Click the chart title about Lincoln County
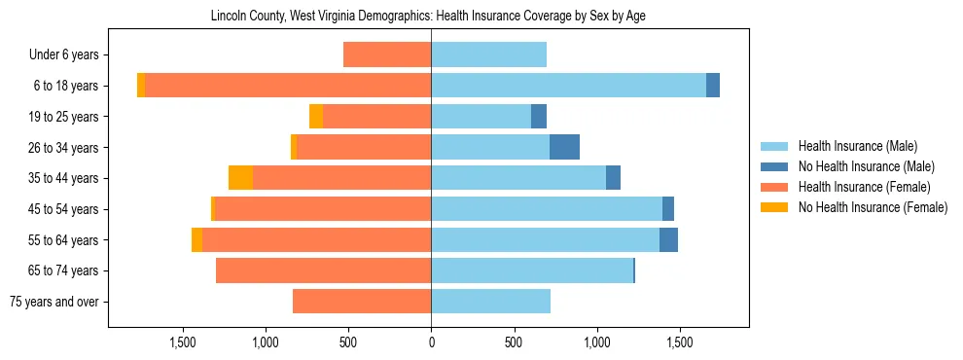(x=428, y=17)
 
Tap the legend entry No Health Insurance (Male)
(x=866, y=166)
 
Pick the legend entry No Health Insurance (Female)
(x=873, y=207)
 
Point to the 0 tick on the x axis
(x=431, y=342)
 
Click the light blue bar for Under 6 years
(x=488, y=54)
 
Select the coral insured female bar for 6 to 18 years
(x=288, y=86)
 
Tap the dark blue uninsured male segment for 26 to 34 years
(x=564, y=147)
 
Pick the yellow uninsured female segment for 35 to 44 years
(x=240, y=178)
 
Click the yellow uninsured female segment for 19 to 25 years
(x=316, y=117)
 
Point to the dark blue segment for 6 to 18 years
(x=713, y=86)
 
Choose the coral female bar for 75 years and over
(x=362, y=302)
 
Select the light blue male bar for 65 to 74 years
(x=532, y=270)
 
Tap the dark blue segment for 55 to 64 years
(x=668, y=239)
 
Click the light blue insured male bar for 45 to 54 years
(x=547, y=209)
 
